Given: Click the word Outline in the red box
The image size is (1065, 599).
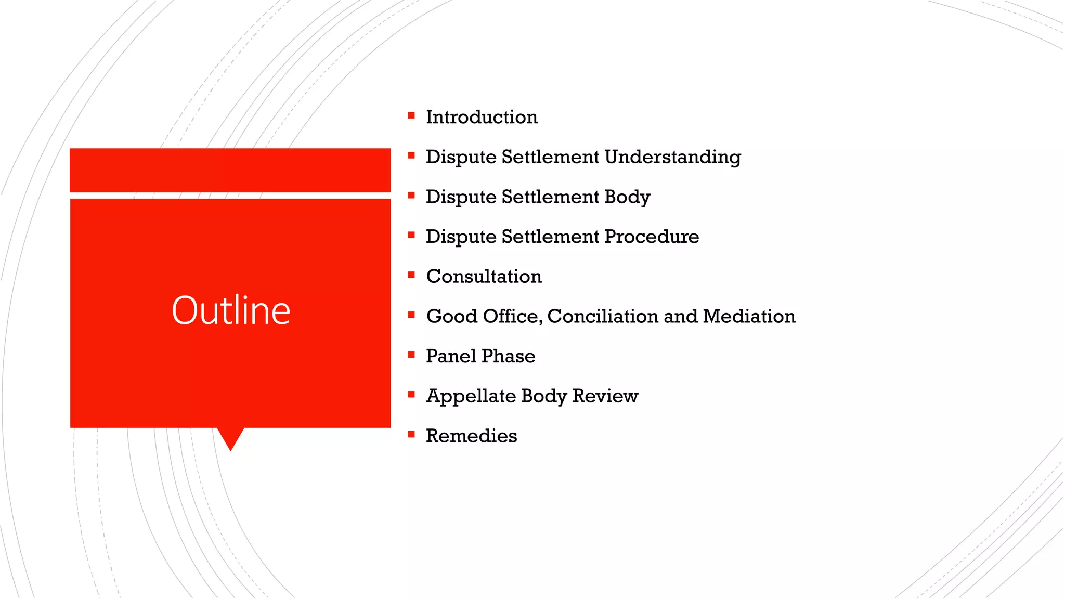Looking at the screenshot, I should click(231, 310).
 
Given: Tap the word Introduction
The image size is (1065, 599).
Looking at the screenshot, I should click(482, 117).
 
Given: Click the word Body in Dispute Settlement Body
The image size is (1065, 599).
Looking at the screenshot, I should click(627, 197).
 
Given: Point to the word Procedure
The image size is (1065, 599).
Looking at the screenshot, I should click(652, 237).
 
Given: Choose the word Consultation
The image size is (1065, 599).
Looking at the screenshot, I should click(484, 276).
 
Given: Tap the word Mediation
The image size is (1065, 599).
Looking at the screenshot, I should click(749, 316).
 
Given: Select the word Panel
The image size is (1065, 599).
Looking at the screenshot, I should click(451, 356).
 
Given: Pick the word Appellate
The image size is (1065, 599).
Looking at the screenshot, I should click(471, 396).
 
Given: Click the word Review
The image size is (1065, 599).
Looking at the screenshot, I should click(605, 396).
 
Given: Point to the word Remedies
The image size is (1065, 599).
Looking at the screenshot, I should click(471, 436).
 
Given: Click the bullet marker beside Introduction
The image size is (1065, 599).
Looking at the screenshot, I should click(411, 115).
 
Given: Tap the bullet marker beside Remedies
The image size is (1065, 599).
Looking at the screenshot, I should click(411, 434).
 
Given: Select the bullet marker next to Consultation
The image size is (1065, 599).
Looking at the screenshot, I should click(411, 275).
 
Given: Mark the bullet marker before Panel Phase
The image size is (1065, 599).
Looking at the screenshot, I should click(411, 355).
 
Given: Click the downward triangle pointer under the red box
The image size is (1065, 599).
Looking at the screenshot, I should click(230, 438).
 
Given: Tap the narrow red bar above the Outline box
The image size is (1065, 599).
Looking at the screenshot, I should click(230, 170).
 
